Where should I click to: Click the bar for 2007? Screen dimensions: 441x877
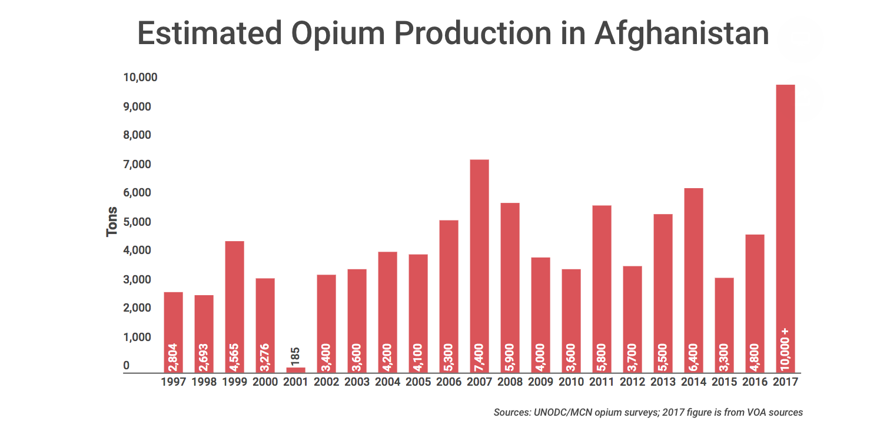click(x=479, y=265)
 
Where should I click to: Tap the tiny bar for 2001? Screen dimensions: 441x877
click(x=295, y=370)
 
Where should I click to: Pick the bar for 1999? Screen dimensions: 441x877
click(x=234, y=306)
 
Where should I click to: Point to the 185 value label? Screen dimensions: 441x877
click(x=295, y=355)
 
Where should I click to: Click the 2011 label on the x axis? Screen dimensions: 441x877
click(x=602, y=382)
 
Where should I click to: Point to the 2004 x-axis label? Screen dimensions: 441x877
click(x=387, y=382)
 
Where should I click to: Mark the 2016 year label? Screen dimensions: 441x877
click(x=755, y=382)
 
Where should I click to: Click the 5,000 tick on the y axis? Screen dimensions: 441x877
click(x=137, y=222)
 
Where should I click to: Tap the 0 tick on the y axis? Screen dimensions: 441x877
click(x=127, y=366)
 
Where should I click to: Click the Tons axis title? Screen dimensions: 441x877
click(x=112, y=222)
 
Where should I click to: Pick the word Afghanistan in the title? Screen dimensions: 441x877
click(x=681, y=34)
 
